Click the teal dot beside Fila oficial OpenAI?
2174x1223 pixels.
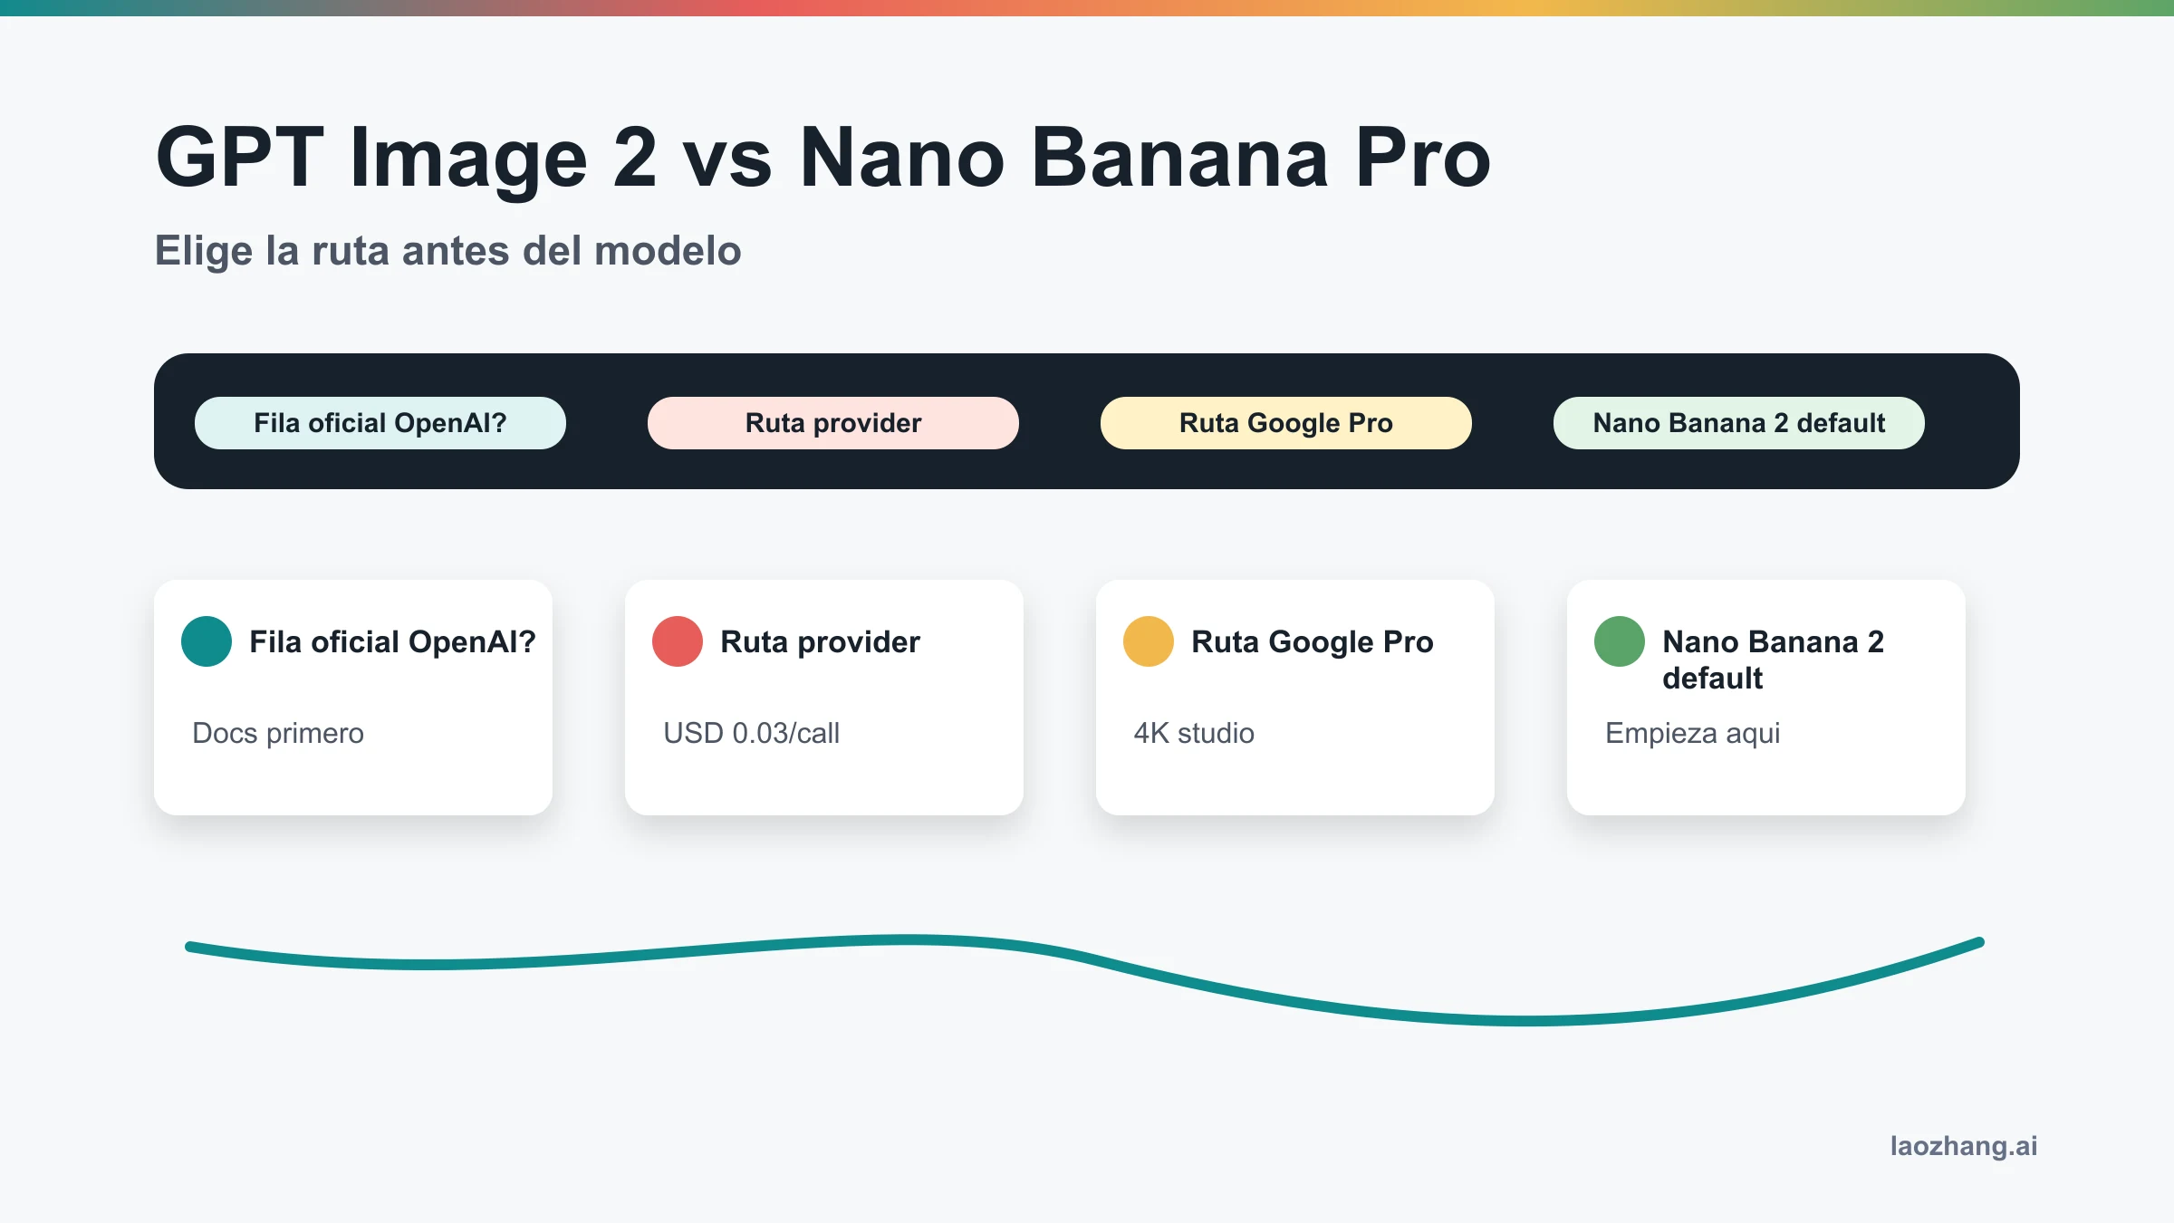point(207,641)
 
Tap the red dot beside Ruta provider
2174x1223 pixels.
point(678,641)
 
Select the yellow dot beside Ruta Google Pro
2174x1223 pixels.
point(1149,641)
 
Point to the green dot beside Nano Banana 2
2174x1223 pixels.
point(1620,641)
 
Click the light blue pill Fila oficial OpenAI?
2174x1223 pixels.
point(380,423)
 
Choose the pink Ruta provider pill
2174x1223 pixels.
point(833,423)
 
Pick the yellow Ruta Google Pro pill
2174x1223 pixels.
point(1286,423)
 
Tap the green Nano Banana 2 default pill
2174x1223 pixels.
point(1739,423)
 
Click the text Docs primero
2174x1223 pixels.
point(278,733)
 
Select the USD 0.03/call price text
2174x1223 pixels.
point(752,733)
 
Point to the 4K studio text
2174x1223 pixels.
point(1194,733)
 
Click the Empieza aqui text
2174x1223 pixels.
point(1693,733)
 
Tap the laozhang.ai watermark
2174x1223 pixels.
point(1964,1146)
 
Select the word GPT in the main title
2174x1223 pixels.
point(239,158)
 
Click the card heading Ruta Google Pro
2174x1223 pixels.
point(1313,641)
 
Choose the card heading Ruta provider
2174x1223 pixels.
point(820,641)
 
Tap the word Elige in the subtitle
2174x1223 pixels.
point(204,251)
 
